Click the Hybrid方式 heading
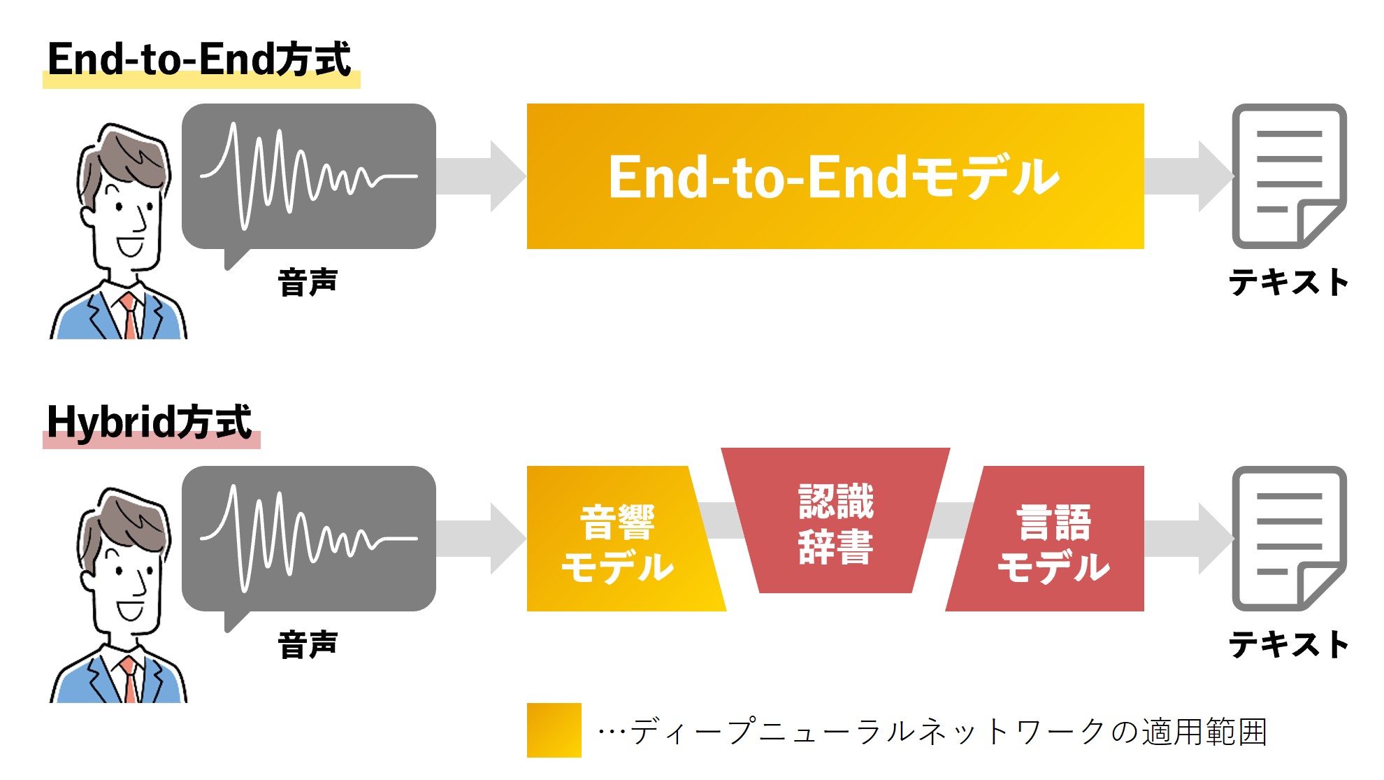point(149,422)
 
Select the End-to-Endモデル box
point(835,176)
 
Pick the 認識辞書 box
point(836,521)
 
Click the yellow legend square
point(554,730)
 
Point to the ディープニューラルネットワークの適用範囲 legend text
point(932,732)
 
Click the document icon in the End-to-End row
point(1289,176)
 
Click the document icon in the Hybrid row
point(1289,539)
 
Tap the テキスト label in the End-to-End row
point(1289,283)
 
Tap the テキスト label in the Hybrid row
point(1289,644)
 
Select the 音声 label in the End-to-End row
point(308,283)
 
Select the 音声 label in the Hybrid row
point(308,644)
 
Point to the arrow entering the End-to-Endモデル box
point(481,176)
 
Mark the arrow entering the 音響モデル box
point(481,539)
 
